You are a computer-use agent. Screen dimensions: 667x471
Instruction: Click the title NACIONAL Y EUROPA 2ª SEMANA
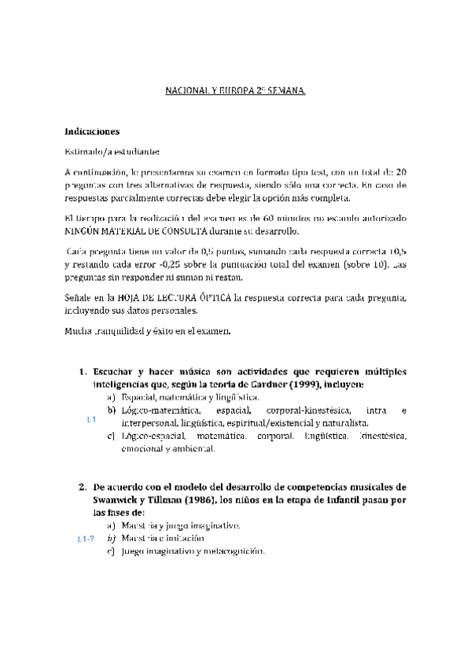coord(234,92)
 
